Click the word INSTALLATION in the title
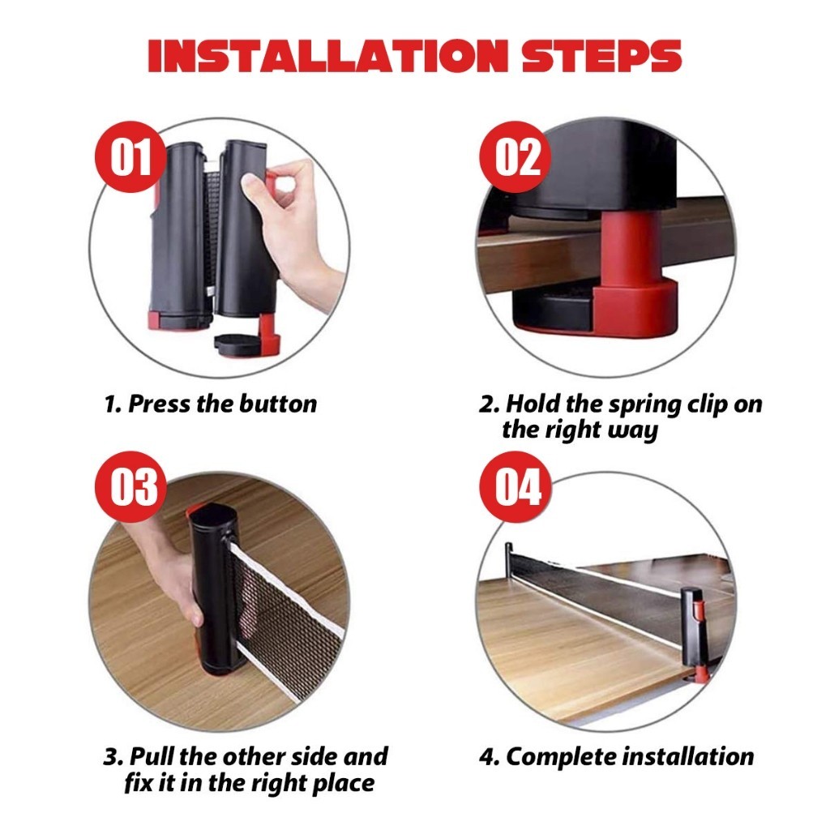pyautogui.click(x=327, y=56)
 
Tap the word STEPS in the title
pyautogui.click(x=601, y=56)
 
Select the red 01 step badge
pyautogui.click(x=130, y=156)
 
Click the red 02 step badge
pyautogui.click(x=515, y=156)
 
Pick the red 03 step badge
pyautogui.click(x=130, y=486)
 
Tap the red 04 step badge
pyautogui.click(x=515, y=486)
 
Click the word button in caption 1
pyautogui.click(x=278, y=404)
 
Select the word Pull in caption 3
pyautogui.click(x=152, y=756)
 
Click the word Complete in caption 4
pyautogui.click(x=561, y=758)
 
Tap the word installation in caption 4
pyautogui.click(x=687, y=756)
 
